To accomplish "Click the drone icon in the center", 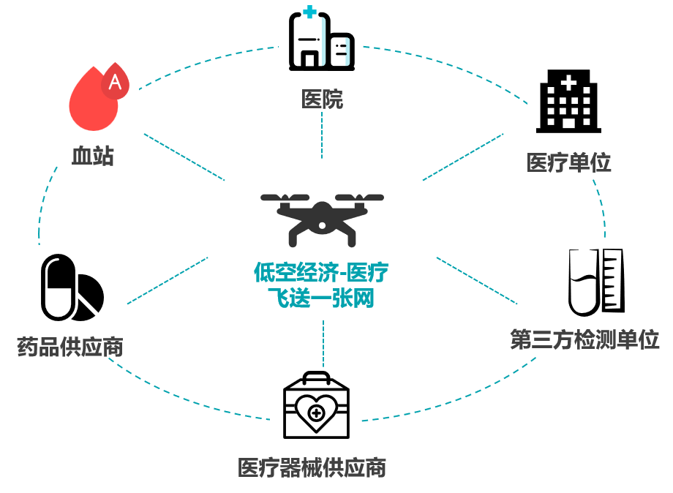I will tap(322, 217).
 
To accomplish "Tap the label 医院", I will tap(322, 99).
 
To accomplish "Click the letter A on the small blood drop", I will tap(115, 82).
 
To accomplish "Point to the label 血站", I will tap(93, 154).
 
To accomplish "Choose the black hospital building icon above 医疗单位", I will tap(568, 102).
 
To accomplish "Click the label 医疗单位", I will tap(568, 162).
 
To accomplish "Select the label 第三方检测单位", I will tap(584, 339).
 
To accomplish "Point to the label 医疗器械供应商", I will tap(312, 467).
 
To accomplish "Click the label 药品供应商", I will tap(69, 346).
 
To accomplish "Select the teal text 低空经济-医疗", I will tap(321, 273).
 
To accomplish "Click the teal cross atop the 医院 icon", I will tap(309, 12).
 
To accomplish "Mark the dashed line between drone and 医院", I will tap(322, 135).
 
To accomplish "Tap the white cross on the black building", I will tap(568, 82).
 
